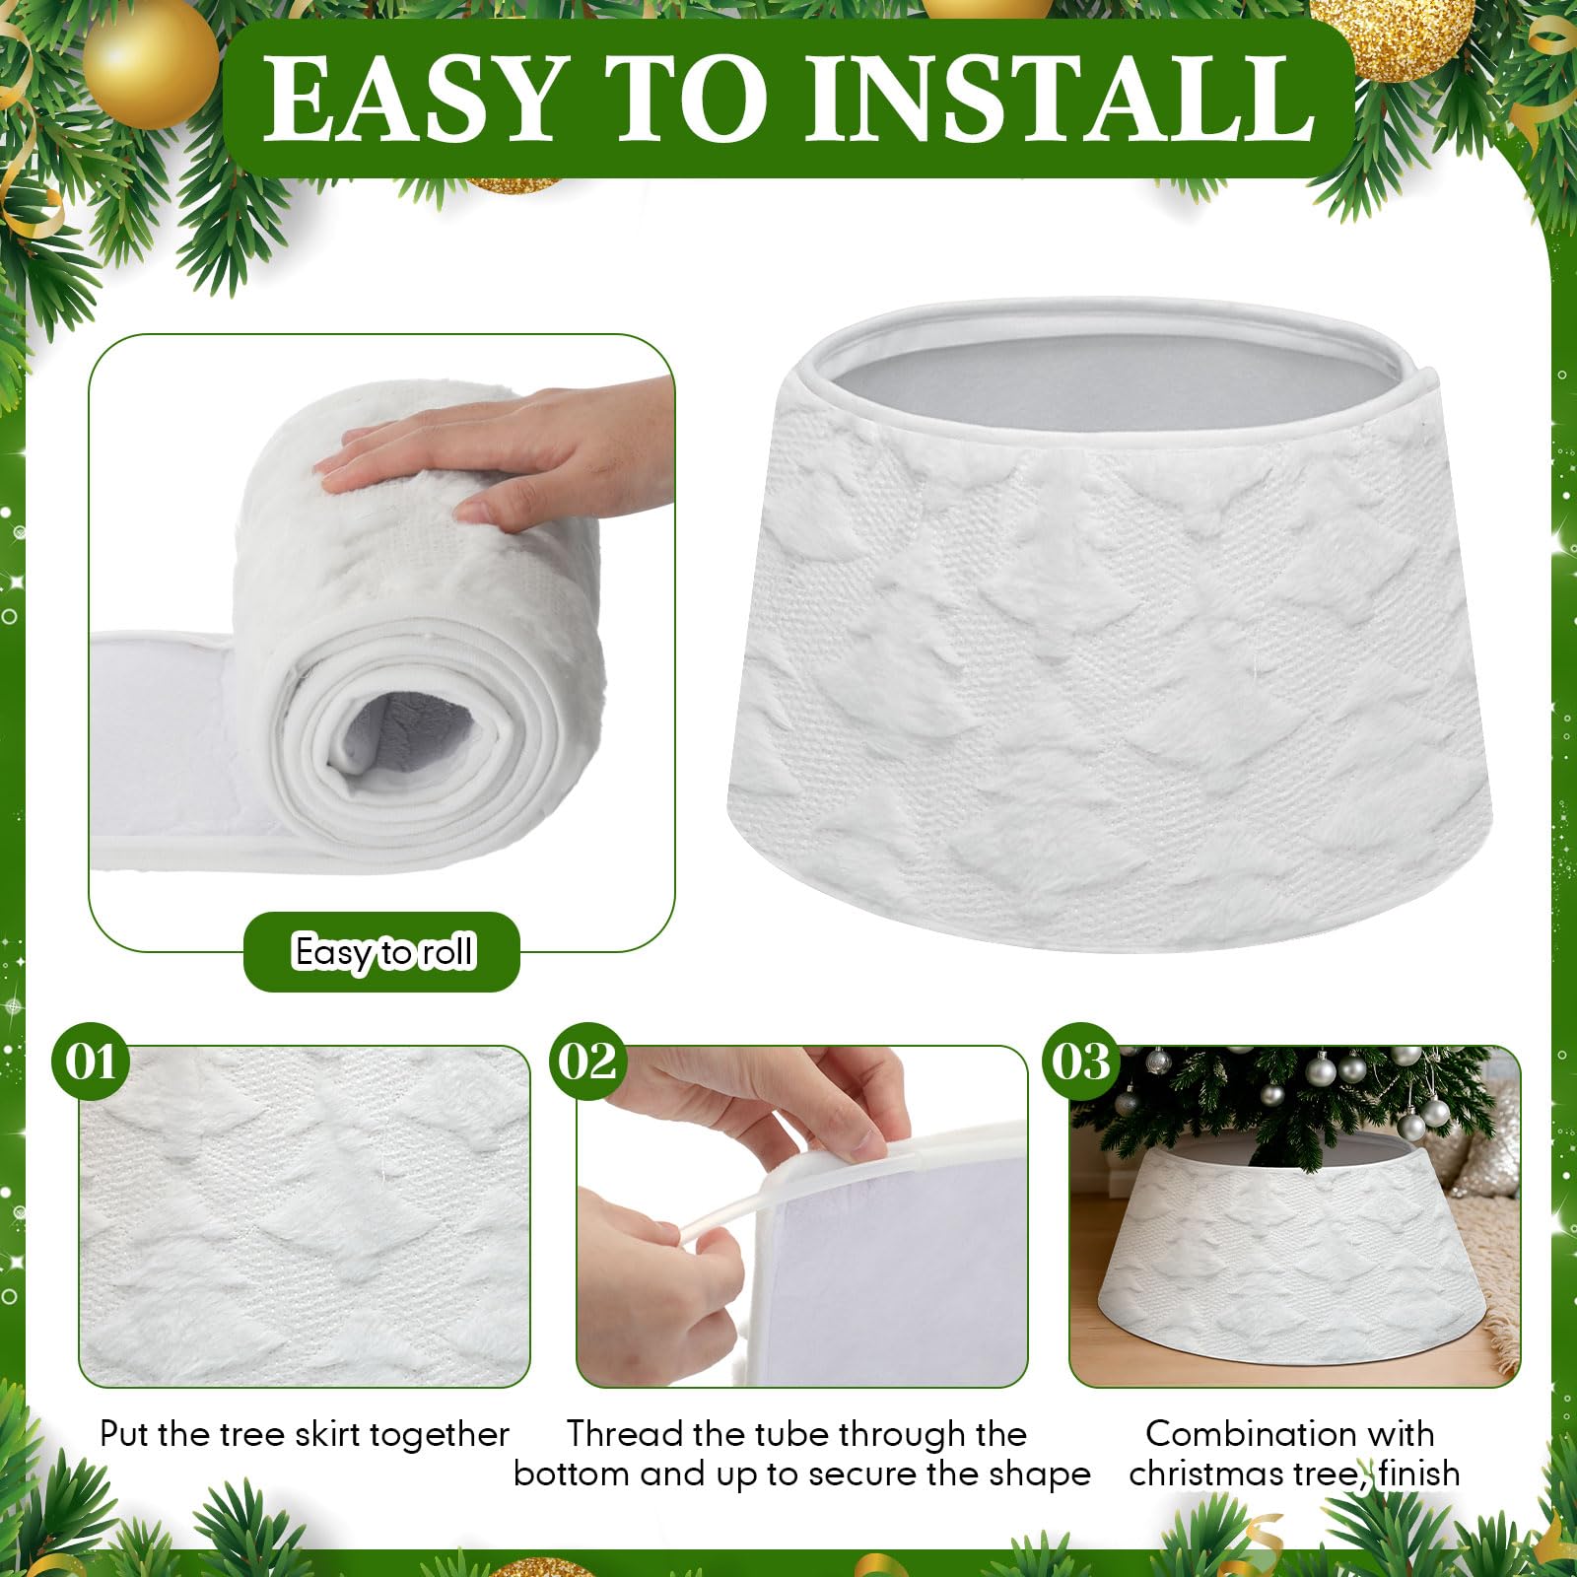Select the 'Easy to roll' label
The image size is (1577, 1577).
pyautogui.click(x=383, y=952)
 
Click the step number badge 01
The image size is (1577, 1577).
pyautogui.click(x=91, y=1063)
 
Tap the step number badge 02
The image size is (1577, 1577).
pyautogui.click(x=588, y=1063)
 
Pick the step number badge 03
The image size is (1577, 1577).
pyautogui.click(x=1081, y=1063)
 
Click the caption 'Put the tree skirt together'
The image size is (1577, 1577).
pyautogui.click(x=305, y=1434)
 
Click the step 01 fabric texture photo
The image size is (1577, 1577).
pyautogui.click(x=305, y=1216)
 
